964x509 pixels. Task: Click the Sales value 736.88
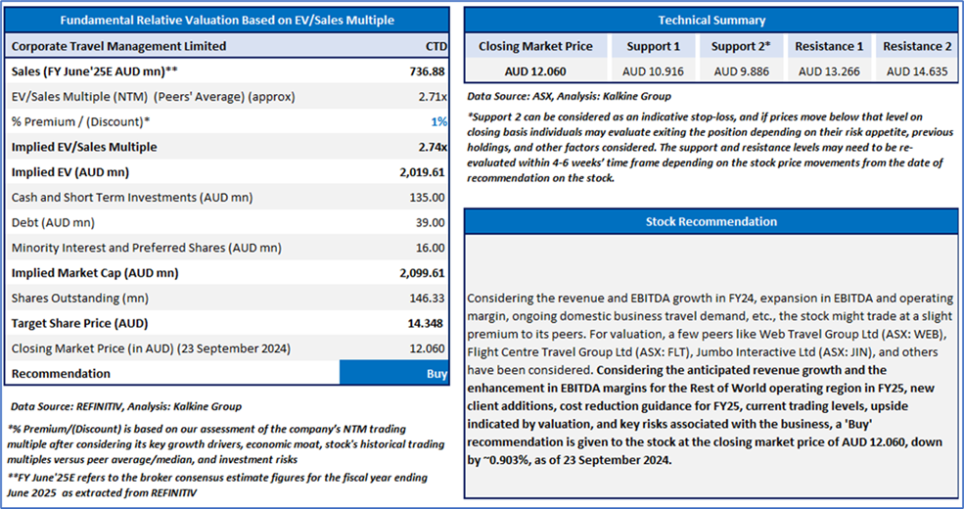[x=428, y=71]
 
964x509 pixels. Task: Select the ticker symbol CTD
[x=436, y=46]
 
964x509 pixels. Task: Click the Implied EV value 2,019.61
[x=422, y=172]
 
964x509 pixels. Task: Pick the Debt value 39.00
[x=432, y=222]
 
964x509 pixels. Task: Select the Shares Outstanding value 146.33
[x=429, y=298]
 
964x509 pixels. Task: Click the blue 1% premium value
[x=440, y=121]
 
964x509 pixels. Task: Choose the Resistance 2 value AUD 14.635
[x=917, y=70]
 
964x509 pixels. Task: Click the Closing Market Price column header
[x=535, y=46]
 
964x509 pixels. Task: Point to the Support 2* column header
[x=741, y=46]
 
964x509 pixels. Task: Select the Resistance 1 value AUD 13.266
[x=829, y=70]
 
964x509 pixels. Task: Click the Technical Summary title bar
[x=712, y=20]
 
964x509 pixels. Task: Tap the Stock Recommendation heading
[x=712, y=221]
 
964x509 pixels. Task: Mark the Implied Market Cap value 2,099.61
[x=422, y=273]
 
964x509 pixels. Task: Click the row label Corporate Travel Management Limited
[x=118, y=46]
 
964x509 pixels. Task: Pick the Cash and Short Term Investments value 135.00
[x=429, y=198]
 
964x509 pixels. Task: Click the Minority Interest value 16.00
[x=432, y=248]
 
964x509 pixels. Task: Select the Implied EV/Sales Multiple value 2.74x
[x=432, y=147]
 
